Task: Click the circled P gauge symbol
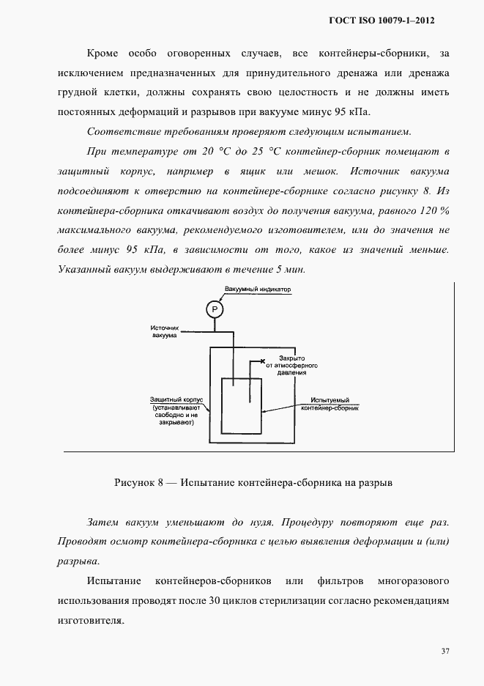215,309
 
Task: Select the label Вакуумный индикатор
258,290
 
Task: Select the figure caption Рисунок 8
253,484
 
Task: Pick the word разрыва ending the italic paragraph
78,561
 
